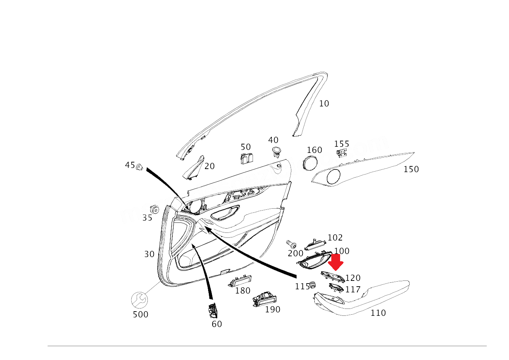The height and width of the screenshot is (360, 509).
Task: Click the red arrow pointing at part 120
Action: [x=336, y=262]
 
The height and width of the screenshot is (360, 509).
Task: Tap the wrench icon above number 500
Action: [x=139, y=300]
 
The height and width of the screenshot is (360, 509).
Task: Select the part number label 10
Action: [x=324, y=103]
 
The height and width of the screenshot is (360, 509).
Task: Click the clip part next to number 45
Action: [x=140, y=167]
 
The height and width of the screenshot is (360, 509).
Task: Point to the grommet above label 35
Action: [x=154, y=209]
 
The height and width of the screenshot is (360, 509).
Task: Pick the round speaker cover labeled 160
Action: [x=309, y=163]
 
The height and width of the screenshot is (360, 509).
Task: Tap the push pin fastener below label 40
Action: [x=276, y=151]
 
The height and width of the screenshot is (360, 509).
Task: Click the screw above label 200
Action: [x=291, y=244]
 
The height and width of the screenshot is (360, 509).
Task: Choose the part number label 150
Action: [x=411, y=169]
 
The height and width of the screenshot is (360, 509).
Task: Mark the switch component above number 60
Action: [x=212, y=310]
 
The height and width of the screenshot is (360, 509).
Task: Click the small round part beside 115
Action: [x=312, y=285]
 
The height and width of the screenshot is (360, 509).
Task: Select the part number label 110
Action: [x=378, y=313]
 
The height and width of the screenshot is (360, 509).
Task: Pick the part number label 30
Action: [x=149, y=254]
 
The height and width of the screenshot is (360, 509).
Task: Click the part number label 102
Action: [x=335, y=238]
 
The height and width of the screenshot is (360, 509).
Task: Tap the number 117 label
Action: [x=353, y=289]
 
